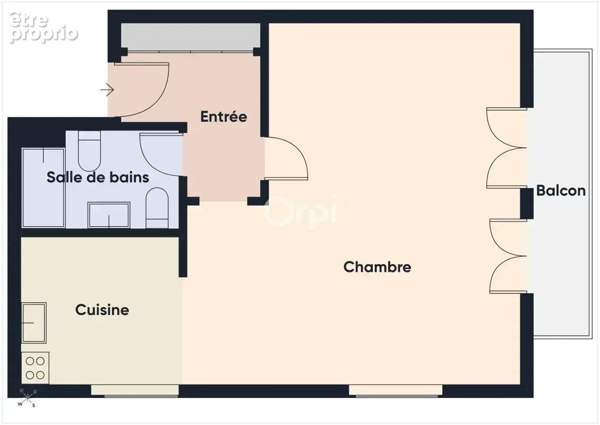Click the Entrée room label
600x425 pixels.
[x=224, y=116]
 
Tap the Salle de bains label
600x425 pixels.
[x=98, y=177]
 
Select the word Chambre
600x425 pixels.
[x=378, y=267]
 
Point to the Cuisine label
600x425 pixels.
[x=102, y=310]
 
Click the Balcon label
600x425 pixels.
[x=561, y=190]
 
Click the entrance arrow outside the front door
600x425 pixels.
[x=107, y=90]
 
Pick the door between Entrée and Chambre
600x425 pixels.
[x=286, y=158]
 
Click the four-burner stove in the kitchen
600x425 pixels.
[x=35, y=368]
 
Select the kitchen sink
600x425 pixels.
[x=34, y=322]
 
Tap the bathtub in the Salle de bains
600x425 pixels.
[x=43, y=188]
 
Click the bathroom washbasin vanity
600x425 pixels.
[x=109, y=215]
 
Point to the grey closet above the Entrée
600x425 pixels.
[x=191, y=37]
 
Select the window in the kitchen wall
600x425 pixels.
[x=135, y=390]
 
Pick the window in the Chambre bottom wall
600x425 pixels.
[x=396, y=390]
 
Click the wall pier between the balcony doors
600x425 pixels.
[x=527, y=203]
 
